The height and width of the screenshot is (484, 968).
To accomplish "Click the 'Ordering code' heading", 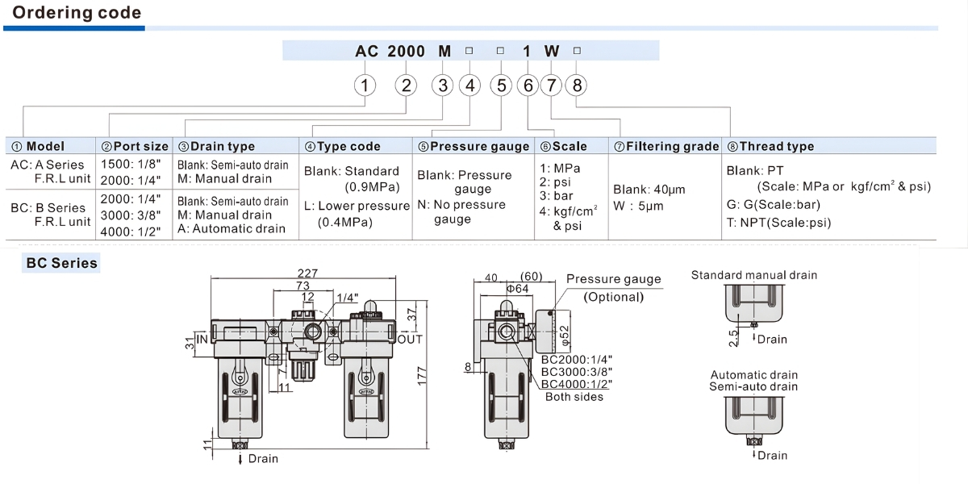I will [x=77, y=13].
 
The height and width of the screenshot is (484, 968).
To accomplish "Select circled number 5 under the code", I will [x=501, y=85].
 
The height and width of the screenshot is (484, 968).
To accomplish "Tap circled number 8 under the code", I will [x=575, y=85].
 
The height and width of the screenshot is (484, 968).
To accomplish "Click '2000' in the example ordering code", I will [x=406, y=51].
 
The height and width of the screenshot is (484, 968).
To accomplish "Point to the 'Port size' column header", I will [x=135, y=146].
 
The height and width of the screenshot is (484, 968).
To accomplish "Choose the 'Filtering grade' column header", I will [x=665, y=146].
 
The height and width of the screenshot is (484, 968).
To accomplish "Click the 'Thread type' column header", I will [x=770, y=146].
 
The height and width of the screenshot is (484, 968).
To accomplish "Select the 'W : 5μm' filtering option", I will [x=638, y=206].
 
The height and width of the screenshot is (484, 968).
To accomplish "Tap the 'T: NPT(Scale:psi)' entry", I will [x=778, y=223].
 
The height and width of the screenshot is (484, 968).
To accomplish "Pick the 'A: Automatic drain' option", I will [x=232, y=228].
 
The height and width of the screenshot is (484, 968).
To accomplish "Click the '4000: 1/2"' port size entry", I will [x=131, y=231].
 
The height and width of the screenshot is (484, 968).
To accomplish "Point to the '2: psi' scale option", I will [x=556, y=182].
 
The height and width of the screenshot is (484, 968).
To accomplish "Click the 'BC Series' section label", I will [x=62, y=263].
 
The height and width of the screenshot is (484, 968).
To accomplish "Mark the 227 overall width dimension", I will [x=306, y=273].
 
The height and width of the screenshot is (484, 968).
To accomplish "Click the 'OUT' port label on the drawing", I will [x=409, y=340].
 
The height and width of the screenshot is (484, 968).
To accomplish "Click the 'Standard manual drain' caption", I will [x=753, y=275].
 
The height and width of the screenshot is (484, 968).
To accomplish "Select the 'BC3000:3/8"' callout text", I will [x=576, y=372].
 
